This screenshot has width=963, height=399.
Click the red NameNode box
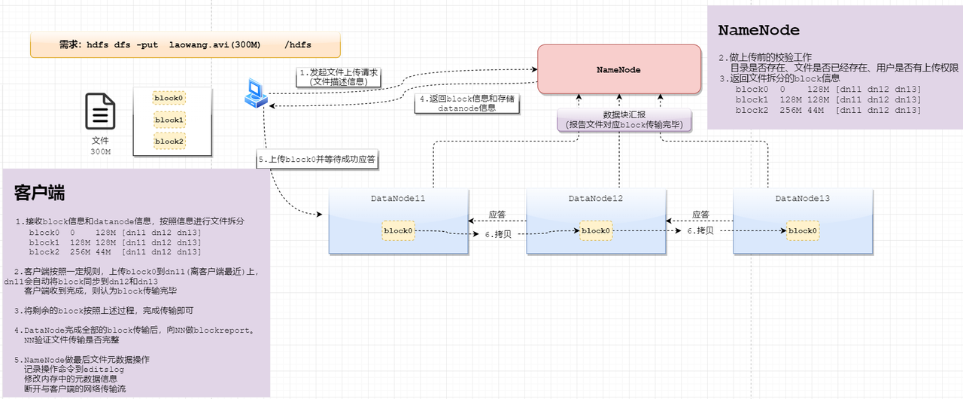pos(619,69)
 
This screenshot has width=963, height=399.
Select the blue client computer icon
pos(256,93)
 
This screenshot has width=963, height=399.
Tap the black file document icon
pos(100,111)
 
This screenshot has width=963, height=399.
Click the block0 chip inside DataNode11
pos(398,231)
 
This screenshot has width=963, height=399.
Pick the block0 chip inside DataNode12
pos(596,231)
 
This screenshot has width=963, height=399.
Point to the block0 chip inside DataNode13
pos(803,231)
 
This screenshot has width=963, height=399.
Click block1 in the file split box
pos(169,120)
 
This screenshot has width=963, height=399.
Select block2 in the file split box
pos(169,142)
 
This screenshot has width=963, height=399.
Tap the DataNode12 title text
pos(595,198)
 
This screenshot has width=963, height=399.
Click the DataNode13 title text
pos(803,198)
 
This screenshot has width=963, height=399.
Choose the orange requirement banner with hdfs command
pos(185,44)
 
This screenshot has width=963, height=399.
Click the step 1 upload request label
pos(339,77)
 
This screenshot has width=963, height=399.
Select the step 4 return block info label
pos(467,103)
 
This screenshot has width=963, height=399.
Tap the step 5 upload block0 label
pos(317,159)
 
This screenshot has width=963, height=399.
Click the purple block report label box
pos(624,120)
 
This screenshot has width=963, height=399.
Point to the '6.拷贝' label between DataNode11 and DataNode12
pos(498,234)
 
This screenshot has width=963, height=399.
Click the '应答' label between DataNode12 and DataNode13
pos(700,215)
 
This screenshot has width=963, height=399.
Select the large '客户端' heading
pos(40,193)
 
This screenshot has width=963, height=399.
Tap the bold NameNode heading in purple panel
pos(759,30)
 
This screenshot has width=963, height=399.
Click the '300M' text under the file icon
pos(101,152)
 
